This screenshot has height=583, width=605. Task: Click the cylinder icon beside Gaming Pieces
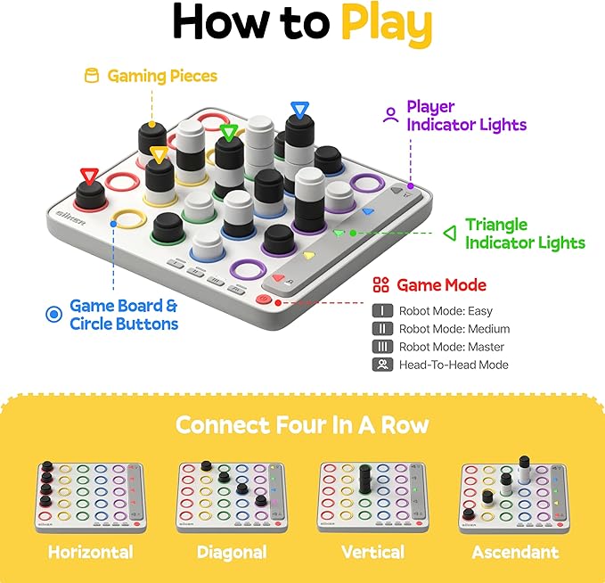click(90, 76)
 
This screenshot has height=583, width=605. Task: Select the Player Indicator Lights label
click(466, 116)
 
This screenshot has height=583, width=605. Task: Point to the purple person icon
click(389, 115)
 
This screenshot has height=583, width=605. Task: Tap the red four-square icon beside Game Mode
click(380, 285)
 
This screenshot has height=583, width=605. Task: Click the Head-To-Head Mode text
click(454, 365)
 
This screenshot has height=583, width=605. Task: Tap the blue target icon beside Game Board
click(53, 314)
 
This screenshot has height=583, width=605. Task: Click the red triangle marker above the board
click(89, 176)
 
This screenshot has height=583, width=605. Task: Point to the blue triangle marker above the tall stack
click(298, 111)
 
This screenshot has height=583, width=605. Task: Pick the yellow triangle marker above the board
click(159, 156)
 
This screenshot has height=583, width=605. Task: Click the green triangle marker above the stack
click(229, 134)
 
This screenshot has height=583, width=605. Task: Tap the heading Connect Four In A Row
click(301, 424)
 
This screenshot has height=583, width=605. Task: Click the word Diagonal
click(232, 552)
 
